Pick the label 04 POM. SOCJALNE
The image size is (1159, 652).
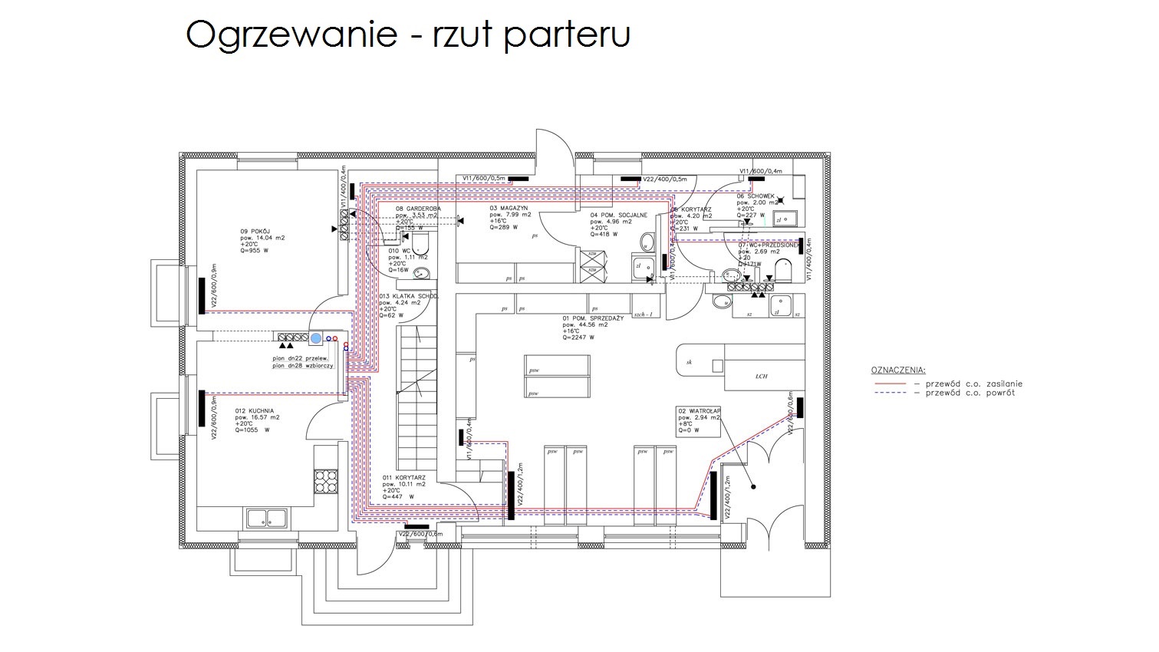coord(619,215)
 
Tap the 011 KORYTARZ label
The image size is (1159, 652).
coord(404,478)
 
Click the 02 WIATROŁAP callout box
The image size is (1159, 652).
coord(699,421)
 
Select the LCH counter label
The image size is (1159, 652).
coord(761,376)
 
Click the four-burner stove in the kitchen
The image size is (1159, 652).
coord(325,481)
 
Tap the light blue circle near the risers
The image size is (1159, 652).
coord(316,338)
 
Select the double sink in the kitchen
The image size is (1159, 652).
coord(266,518)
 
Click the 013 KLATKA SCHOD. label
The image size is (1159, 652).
coord(408,296)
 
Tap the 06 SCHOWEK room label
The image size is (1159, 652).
coord(756,196)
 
